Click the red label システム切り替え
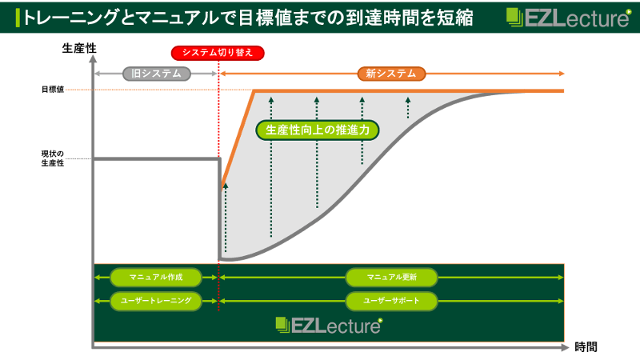(x=218, y=54)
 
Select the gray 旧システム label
(x=157, y=74)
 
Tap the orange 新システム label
(x=391, y=74)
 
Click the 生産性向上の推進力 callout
(x=317, y=129)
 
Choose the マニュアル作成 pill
(x=156, y=277)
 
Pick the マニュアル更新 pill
(x=391, y=277)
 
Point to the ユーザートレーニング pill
(x=156, y=301)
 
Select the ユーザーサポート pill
(x=391, y=301)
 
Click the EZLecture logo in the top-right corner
(x=567, y=18)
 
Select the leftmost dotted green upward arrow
(x=226, y=220)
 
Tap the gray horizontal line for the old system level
(x=156, y=159)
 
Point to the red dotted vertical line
(x=218, y=120)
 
